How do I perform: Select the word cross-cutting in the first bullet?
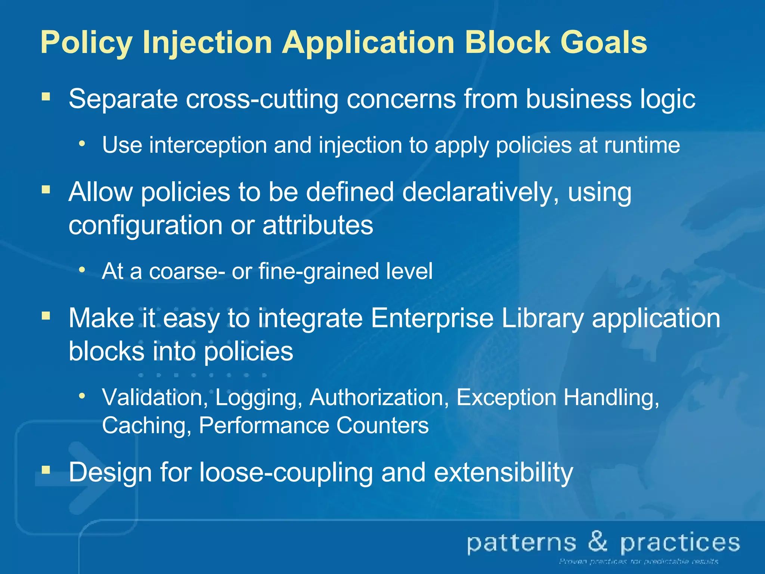[261, 99]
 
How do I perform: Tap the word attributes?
[318, 225]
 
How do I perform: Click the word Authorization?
[379, 397]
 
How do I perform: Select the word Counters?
[382, 425]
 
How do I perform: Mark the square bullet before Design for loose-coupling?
[46, 469]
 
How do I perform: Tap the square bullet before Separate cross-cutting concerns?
[46, 97]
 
